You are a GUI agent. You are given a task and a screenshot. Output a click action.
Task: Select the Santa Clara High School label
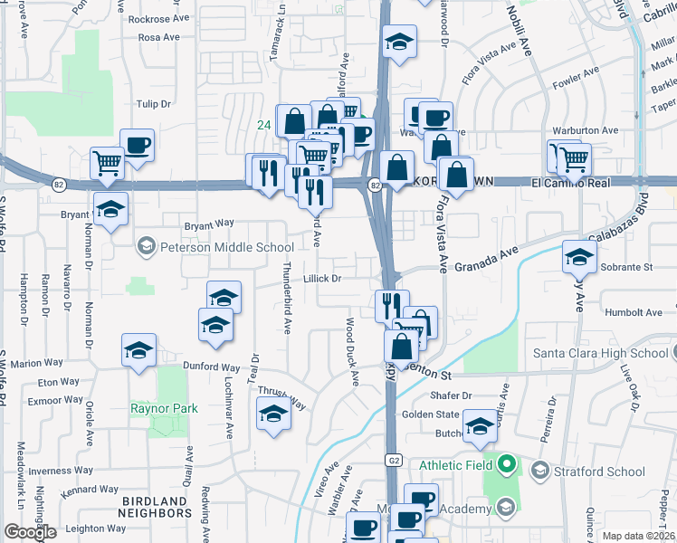[x=600, y=353]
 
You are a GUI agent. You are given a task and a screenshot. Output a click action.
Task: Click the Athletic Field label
[x=456, y=465]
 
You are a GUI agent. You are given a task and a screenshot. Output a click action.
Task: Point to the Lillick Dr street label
[x=322, y=279]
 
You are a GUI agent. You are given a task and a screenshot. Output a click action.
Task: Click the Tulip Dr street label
[x=154, y=104]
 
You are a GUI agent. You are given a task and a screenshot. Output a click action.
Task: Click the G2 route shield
[x=392, y=460]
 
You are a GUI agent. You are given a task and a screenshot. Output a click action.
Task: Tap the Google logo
[x=30, y=532]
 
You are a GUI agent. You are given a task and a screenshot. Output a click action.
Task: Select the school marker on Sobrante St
[x=579, y=256]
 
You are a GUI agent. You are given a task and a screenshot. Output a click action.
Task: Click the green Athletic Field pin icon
[x=507, y=466]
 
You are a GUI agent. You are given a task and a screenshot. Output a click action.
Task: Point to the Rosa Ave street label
[x=159, y=38]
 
